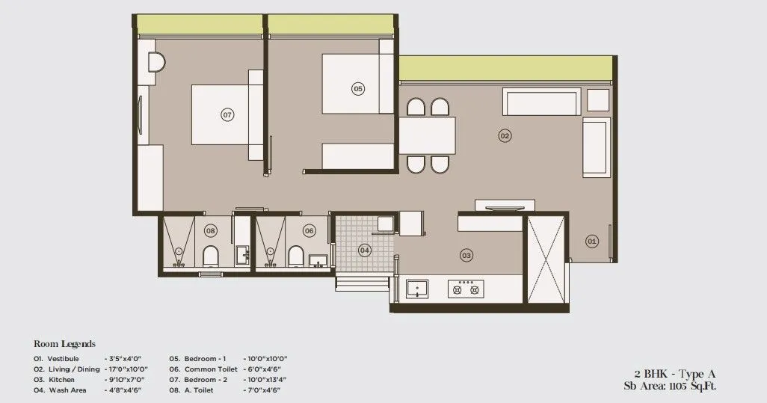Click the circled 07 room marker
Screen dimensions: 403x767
[x=227, y=114]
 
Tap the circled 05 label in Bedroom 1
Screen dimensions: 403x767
[x=357, y=89]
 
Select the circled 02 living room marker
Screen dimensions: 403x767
[x=505, y=135]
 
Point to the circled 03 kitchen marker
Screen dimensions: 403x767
[x=466, y=256]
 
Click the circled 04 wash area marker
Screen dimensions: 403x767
[x=364, y=250]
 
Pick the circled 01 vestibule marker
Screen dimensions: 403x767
[x=591, y=241]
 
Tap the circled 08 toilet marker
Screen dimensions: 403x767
[x=210, y=231]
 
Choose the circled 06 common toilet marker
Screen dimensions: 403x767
[x=309, y=231]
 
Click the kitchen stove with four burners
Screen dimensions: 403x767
[x=466, y=289]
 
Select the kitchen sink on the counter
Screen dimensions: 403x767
[x=416, y=289]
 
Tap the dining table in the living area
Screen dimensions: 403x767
[x=427, y=135]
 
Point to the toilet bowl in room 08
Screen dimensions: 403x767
[x=210, y=256]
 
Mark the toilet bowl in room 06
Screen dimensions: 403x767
[x=295, y=256]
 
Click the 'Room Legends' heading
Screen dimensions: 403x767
[x=65, y=344]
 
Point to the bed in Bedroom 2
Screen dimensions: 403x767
[x=227, y=114]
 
